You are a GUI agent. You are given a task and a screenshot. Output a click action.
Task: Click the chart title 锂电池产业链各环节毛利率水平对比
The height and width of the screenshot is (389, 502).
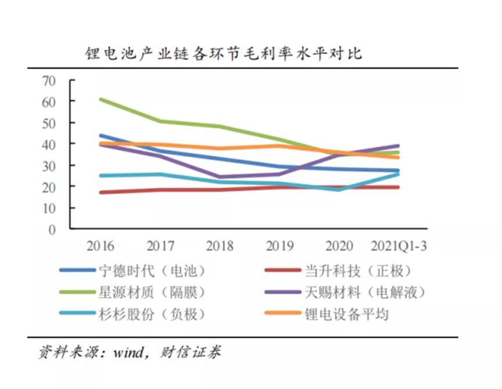(x=224, y=54)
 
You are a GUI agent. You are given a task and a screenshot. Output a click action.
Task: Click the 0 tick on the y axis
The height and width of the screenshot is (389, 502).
(x=52, y=229)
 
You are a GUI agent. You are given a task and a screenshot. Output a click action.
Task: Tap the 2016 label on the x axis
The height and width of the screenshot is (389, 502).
(x=101, y=247)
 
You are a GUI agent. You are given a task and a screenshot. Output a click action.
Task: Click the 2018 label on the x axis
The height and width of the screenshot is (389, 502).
(x=220, y=247)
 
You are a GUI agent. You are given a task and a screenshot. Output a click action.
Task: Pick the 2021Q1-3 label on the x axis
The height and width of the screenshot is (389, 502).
(x=399, y=247)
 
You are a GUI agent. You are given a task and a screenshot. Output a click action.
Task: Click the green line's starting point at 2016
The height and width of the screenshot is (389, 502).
(x=101, y=99)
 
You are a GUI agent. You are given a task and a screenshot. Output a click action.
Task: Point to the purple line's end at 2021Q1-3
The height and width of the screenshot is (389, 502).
(x=398, y=146)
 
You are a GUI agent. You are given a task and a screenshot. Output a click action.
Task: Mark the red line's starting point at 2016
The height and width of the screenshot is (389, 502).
(x=101, y=192)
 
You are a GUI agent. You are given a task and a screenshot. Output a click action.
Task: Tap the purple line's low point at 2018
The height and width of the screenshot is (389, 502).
(x=220, y=177)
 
